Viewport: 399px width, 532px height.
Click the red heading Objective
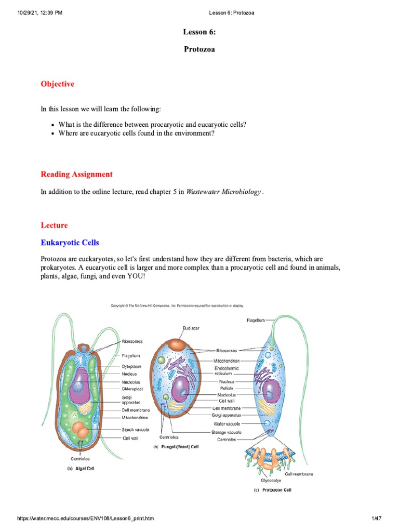click(57, 84)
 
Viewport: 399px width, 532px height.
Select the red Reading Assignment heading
click(76, 174)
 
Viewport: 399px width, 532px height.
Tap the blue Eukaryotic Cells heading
click(70, 243)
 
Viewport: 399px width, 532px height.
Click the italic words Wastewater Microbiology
click(224, 192)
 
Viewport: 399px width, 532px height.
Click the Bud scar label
click(191, 328)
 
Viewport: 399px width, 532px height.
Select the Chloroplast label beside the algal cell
click(132, 388)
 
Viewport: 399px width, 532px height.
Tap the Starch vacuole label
click(136, 430)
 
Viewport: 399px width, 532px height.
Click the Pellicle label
click(227, 388)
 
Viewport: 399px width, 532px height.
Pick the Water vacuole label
click(227, 424)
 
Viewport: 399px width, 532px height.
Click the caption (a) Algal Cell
click(81, 468)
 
